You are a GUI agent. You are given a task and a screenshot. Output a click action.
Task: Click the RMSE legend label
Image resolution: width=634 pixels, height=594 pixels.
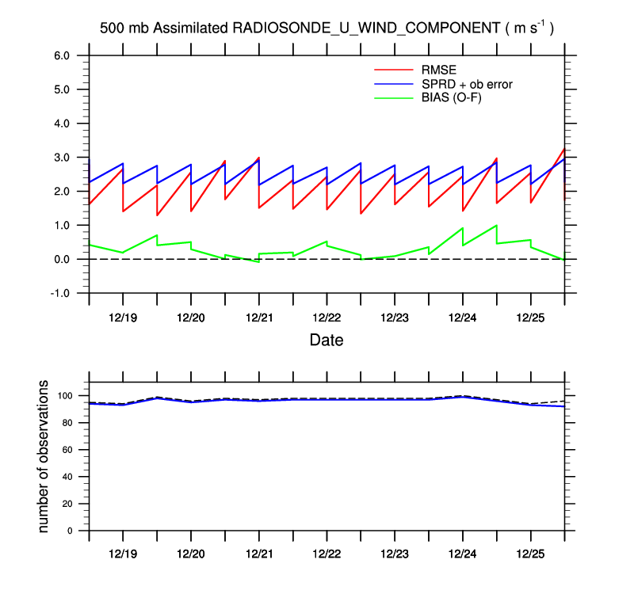click(437, 69)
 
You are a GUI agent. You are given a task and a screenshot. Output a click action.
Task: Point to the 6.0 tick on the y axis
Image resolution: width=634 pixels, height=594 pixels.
click(63, 55)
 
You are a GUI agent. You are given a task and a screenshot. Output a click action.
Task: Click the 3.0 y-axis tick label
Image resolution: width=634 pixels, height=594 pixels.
click(63, 158)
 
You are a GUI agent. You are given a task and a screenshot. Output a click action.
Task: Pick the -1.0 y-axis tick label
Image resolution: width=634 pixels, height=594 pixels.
click(61, 293)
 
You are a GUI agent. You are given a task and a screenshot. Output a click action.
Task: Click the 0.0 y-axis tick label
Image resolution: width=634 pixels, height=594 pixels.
click(63, 259)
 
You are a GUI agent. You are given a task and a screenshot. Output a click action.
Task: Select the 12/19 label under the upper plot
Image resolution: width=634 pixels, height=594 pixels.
click(123, 317)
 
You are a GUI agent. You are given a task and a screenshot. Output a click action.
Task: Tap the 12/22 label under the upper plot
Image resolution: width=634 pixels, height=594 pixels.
click(327, 317)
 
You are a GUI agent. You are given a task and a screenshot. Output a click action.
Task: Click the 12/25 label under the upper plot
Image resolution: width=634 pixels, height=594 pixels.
click(530, 317)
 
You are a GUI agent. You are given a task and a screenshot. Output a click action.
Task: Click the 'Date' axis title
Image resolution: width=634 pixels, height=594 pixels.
click(327, 341)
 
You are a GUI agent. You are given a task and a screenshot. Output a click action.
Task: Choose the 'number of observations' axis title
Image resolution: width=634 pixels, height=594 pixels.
click(44, 457)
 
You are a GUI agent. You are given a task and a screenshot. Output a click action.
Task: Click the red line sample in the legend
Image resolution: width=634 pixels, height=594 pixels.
click(388, 69)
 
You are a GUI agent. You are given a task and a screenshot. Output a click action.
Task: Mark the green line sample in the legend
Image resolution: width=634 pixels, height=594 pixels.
click(388, 97)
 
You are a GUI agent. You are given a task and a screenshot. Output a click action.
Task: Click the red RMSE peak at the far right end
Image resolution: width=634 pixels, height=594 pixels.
click(563, 149)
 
